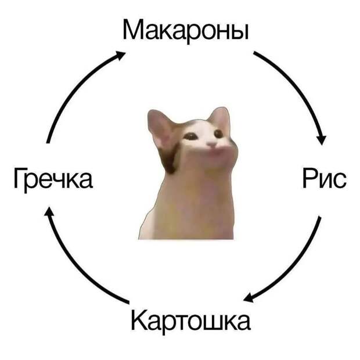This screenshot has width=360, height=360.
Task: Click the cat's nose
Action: (x=214, y=142)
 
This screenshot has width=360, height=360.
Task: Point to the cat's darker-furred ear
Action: (x=160, y=127)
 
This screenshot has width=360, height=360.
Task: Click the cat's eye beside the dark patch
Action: (x=190, y=137)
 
